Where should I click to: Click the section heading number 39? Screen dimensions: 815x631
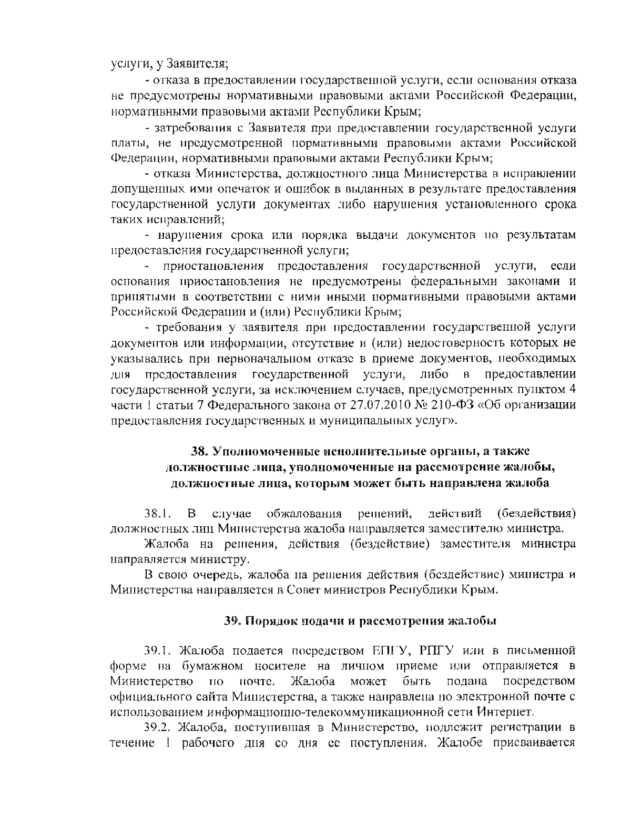(x=231, y=620)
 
